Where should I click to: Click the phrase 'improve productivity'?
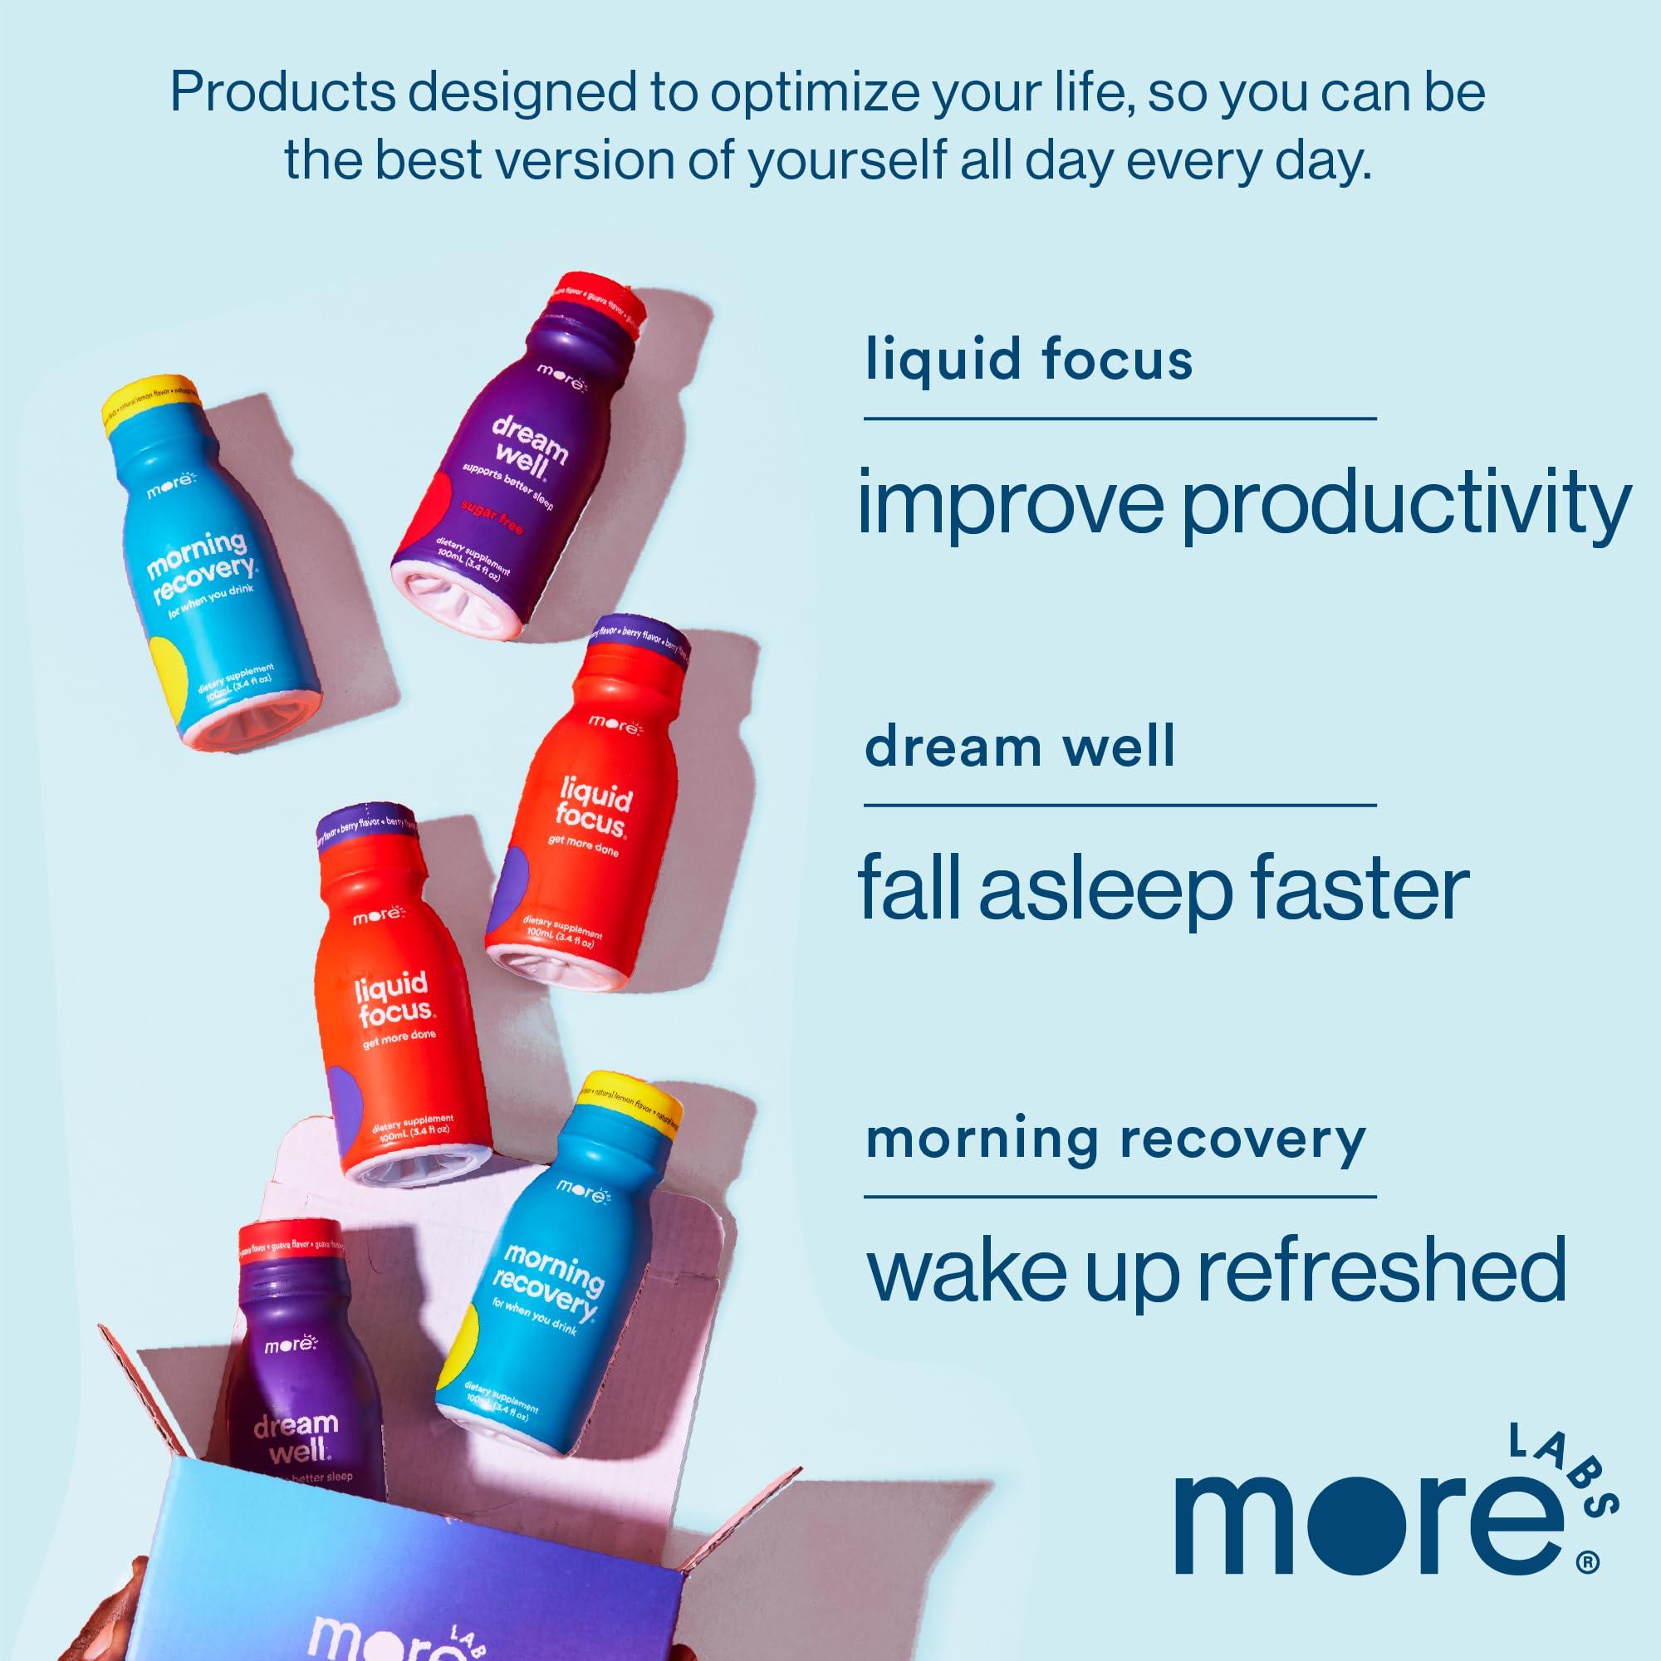(1242, 507)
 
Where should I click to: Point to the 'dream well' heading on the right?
(1019, 747)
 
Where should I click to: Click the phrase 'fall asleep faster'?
(1164, 889)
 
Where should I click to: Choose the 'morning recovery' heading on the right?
(1115, 1139)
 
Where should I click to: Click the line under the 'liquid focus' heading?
(1120, 419)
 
